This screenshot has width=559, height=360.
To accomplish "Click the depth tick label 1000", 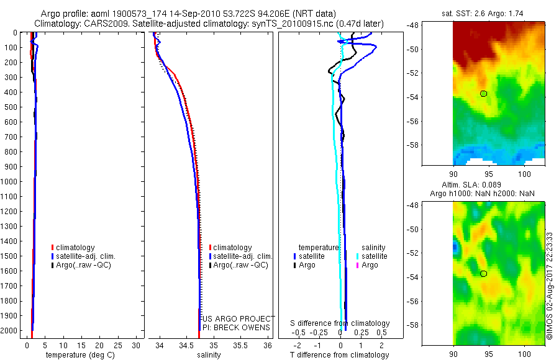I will tap(11, 182).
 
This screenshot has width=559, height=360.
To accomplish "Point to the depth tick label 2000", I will tap(11, 331).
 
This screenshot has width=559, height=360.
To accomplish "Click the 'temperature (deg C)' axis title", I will tap(78, 355).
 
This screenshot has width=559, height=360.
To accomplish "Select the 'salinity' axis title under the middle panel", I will tap(210, 355).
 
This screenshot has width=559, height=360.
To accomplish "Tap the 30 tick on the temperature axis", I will tap(137, 344).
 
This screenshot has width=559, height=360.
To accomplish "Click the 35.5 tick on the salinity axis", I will tap(240, 344).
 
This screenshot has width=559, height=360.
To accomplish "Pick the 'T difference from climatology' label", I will tap(340, 355).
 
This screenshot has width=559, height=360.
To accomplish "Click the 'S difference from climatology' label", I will tap(340, 323).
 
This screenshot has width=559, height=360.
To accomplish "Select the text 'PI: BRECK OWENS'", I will tap(237, 327).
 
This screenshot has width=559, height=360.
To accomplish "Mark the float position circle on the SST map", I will tap(483, 94).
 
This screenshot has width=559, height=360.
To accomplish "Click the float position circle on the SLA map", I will tap(483, 274).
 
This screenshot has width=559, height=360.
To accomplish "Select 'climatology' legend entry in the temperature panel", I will tap(76, 248).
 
